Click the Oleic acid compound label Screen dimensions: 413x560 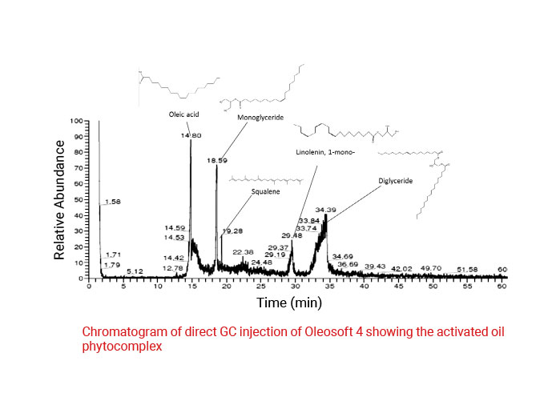coord(183,114)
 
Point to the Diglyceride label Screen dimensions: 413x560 coord(395,181)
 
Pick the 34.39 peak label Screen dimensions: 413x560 coord(324,210)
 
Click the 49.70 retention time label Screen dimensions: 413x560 coord(431,267)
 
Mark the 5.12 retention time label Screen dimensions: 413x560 coord(134,272)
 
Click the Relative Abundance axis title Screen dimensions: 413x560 coord(60,199)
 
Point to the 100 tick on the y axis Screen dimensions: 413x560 coord(77,122)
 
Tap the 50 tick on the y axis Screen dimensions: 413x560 coord(79,200)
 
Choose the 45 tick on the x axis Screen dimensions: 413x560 coord(398,285)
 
